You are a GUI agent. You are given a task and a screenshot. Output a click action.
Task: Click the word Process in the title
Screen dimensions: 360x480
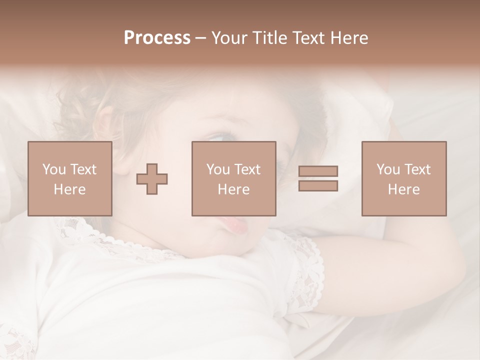tap(157, 38)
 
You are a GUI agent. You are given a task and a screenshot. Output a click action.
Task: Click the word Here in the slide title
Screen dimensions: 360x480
tap(350, 38)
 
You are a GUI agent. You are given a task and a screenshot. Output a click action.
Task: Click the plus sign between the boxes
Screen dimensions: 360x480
tap(152, 179)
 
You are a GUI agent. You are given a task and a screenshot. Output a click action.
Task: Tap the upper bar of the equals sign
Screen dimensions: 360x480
tap(318, 171)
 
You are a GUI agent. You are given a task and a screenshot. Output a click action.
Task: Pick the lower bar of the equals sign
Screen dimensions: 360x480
tap(318, 185)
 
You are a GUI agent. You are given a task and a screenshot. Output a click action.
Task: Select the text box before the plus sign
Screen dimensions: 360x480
tap(69, 178)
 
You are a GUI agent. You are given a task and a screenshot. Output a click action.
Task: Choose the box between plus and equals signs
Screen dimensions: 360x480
tap(233, 178)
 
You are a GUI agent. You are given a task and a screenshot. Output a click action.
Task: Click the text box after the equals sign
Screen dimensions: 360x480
tap(403, 178)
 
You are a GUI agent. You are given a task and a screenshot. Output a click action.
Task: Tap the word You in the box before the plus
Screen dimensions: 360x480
tap(54, 169)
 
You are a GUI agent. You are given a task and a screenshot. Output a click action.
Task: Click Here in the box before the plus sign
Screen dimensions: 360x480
tap(69, 189)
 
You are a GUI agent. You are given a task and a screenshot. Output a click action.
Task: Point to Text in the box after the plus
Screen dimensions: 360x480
tap(248, 169)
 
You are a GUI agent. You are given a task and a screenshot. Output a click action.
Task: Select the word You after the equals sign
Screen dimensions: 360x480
tap(388, 169)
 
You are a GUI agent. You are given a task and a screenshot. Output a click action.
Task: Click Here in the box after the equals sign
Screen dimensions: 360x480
tap(403, 189)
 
